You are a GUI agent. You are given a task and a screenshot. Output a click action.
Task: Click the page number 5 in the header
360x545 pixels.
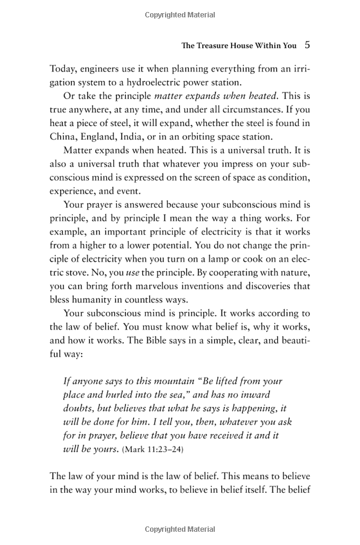(307, 44)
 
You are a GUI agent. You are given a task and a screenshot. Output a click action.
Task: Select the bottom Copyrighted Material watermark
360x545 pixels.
(180, 529)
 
